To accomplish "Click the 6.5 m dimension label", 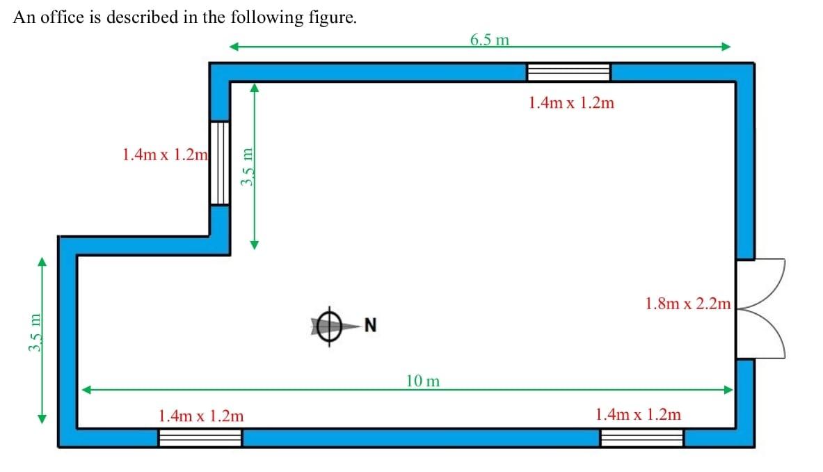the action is (x=489, y=40).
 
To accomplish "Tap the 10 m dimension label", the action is (x=423, y=381).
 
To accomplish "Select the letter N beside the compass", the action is (x=370, y=324).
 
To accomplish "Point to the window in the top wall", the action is (x=568, y=72).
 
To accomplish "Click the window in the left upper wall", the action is (x=220, y=163).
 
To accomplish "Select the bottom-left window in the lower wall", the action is (x=200, y=437).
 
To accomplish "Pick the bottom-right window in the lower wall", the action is (x=641, y=437).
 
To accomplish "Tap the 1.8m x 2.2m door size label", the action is (x=688, y=304).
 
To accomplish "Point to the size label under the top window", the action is (x=571, y=103).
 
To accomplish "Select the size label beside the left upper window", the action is (x=165, y=154).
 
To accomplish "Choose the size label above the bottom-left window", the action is (x=201, y=416).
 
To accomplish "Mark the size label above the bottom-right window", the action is (x=638, y=414).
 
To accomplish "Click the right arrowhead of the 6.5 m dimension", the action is (x=726, y=47).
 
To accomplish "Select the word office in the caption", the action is (x=63, y=18).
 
